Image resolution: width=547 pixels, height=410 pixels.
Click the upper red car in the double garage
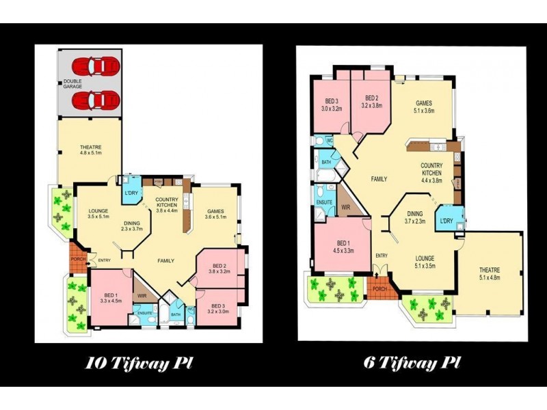(96, 66)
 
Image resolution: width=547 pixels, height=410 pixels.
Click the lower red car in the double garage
(96, 100)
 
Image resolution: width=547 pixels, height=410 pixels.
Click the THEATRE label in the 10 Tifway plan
(90, 150)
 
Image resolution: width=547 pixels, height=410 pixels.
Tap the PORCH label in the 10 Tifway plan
(78, 260)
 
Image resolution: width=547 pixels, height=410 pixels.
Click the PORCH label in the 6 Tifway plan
(378, 288)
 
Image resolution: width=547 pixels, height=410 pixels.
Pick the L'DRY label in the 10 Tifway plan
(131, 193)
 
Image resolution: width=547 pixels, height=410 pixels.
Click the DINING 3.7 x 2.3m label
(415, 217)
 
